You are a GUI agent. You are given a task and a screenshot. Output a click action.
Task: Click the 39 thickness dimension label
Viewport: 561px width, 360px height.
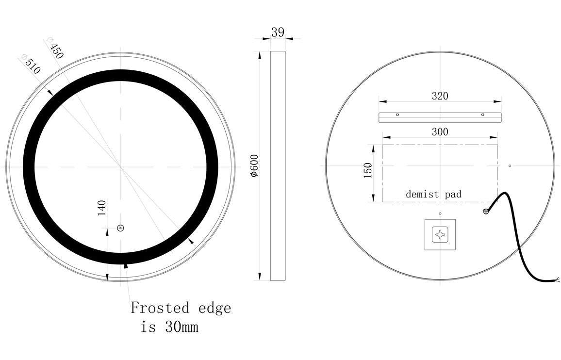[x=278, y=33]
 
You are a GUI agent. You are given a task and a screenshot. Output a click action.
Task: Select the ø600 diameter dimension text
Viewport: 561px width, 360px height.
[x=254, y=165]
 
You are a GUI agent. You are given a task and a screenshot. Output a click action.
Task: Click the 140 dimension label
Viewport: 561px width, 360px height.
[x=102, y=208]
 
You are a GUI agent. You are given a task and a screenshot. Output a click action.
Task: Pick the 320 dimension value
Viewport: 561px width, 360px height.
[x=440, y=96]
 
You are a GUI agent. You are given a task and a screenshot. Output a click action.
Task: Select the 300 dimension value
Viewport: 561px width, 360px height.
[x=440, y=131]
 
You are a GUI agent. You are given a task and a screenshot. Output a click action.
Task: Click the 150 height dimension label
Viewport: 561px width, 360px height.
[x=367, y=170]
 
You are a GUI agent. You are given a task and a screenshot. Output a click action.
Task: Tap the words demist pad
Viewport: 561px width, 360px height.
[x=433, y=195]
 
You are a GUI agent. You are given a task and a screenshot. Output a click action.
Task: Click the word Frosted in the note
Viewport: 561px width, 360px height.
[x=160, y=308]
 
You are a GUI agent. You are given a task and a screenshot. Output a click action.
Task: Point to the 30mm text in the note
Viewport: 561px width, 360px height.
[x=181, y=327]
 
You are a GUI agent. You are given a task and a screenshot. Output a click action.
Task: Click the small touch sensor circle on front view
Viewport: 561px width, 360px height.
[x=120, y=228]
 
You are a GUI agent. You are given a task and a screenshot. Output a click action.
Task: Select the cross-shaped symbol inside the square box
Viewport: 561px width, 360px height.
[x=440, y=235]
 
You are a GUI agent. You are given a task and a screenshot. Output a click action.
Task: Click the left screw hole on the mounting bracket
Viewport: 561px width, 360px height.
[x=397, y=115]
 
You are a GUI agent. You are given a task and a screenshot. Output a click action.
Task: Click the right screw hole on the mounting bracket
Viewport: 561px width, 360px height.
[x=482, y=115]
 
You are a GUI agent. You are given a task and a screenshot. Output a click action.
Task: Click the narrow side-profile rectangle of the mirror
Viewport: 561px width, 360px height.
[x=278, y=165]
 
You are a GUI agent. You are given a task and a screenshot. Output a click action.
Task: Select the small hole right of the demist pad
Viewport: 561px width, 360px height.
[x=510, y=166]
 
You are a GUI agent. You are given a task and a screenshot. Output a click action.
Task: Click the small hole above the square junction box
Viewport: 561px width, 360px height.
[x=440, y=213]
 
